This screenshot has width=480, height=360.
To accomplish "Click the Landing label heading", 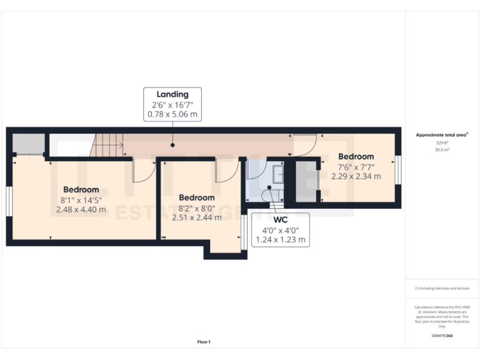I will [172, 94].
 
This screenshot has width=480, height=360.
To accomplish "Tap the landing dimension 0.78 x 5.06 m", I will [172, 114].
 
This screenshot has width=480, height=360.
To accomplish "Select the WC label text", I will [281, 220].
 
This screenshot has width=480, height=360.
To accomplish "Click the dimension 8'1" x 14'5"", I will [81, 200].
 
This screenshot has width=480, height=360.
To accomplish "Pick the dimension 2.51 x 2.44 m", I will [196, 217].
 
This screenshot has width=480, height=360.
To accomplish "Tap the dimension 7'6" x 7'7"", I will [356, 167].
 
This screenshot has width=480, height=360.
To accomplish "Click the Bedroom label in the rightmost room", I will [356, 156].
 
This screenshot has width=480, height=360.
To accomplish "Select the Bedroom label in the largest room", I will [81, 189].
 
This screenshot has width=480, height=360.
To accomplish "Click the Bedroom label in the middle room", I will [196, 197].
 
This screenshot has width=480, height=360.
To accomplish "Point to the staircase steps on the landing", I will [107, 146].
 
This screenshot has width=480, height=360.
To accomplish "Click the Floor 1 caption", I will [204, 342].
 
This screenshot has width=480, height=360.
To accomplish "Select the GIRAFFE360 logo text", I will [442, 336].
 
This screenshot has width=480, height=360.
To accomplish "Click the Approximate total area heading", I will [441, 134].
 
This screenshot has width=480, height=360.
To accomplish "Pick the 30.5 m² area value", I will [442, 149].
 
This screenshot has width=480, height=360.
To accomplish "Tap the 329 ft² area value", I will [442, 143].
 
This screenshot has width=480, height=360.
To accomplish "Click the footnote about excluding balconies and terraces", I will [442, 288].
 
